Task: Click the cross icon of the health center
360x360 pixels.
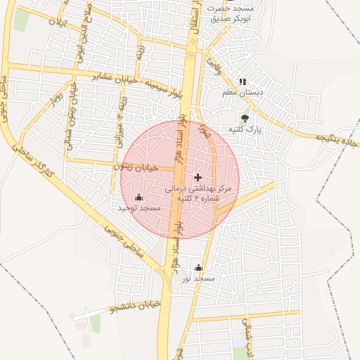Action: coord(198,177)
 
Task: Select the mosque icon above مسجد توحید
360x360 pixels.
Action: coord(139,198)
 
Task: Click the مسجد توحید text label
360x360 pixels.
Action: coord(139,209)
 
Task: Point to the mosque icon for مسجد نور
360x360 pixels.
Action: coord(198,268)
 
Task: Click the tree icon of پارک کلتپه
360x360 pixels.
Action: coord(245,118)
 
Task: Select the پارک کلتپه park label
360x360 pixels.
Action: coord(244,130)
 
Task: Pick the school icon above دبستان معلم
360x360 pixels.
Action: coord(243,82)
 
